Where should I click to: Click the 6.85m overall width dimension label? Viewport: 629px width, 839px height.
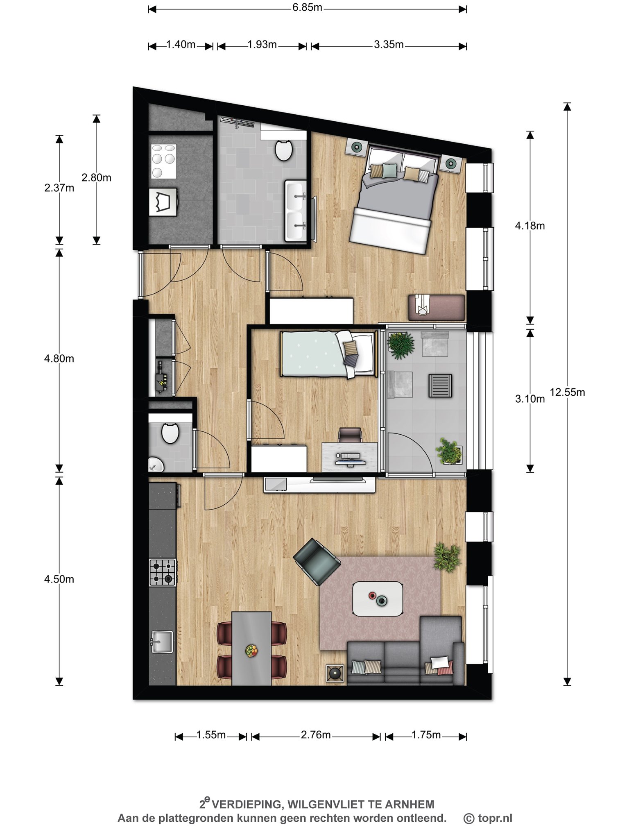point(307,8)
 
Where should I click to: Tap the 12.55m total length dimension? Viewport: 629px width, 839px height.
point(567,392)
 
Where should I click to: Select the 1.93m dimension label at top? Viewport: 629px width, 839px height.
point(262,45)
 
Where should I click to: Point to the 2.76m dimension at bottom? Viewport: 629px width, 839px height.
point(316,735)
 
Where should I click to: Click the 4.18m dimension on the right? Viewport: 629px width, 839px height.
point(530,226)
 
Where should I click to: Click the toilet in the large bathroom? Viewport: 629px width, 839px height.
point(283,150)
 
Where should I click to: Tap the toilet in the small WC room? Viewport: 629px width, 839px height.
point(170,433)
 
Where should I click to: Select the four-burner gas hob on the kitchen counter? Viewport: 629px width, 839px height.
point(163,572)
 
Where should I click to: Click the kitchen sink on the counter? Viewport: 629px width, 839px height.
point(162,642)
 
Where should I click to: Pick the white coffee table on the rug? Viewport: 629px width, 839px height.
point(378,599)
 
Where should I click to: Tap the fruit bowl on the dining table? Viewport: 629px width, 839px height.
point(251,651)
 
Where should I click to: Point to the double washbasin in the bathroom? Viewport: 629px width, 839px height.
point(295,211)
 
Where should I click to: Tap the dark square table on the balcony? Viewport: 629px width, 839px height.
point(440,386)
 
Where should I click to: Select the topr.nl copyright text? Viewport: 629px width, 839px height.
point(488,818)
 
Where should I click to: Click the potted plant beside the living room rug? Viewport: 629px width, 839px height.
point(447,557)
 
